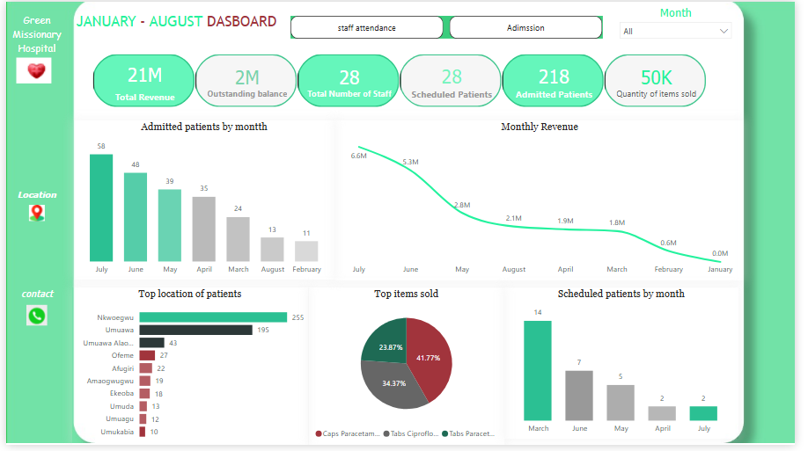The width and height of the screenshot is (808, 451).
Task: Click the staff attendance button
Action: pos(366,28)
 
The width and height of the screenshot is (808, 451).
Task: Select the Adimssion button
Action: pos(525,28)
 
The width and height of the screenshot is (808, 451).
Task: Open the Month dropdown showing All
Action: pos(675,32)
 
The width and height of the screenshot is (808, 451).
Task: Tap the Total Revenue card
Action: pos(144,81)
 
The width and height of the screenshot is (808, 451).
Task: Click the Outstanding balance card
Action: pos(246,81)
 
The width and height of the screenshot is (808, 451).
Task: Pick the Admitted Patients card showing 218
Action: pos(554,81)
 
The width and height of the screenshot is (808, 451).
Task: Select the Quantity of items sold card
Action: pos(656,81)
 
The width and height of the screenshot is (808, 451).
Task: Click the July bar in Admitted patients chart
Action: pos(101,207)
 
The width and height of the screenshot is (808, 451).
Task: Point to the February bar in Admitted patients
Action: pos(306,251)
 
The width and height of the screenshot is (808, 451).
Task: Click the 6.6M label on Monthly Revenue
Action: pos(358,156)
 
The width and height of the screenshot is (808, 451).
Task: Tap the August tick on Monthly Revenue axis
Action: pos(514,269)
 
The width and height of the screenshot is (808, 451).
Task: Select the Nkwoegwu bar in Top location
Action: pos(213,317)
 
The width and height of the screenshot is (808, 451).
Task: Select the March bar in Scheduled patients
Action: pos(538,370)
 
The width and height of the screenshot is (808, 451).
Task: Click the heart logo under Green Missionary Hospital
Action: pos(35,71)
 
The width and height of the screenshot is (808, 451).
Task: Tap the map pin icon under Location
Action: pos(36,213)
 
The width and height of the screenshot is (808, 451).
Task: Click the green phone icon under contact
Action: pos(36,316)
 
